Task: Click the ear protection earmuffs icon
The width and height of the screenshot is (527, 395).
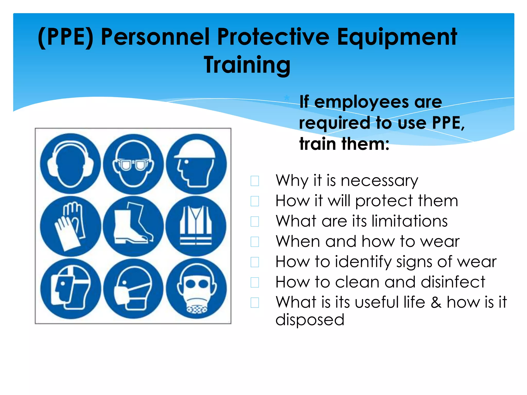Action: tap(70, 164)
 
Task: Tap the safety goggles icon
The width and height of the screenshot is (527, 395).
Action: tap(133, 164)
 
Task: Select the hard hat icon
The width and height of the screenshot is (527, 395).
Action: tap(196, 164)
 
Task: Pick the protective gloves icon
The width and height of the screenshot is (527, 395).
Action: tap(70, 226)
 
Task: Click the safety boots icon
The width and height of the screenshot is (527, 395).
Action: tap(133, 226)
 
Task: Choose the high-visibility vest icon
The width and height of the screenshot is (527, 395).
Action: tap(196, 226)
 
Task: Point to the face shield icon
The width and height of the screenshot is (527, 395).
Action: tap(70, 289)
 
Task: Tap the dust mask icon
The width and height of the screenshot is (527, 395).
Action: tap(133, 289)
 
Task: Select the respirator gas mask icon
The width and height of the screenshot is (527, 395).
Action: tap(196, 289)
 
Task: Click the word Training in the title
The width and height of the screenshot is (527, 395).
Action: tap(247, 65)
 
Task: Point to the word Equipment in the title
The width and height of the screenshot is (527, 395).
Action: tap(397, 37)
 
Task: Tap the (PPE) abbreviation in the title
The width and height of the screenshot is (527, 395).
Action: tap(66, 37)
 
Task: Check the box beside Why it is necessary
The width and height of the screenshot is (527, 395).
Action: tap(255, 181)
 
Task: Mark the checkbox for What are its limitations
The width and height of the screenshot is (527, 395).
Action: tap(255, 221)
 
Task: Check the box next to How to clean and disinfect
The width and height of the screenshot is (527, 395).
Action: tap(255, 282)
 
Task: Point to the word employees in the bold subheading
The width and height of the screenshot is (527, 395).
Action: tap(362, 102)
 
